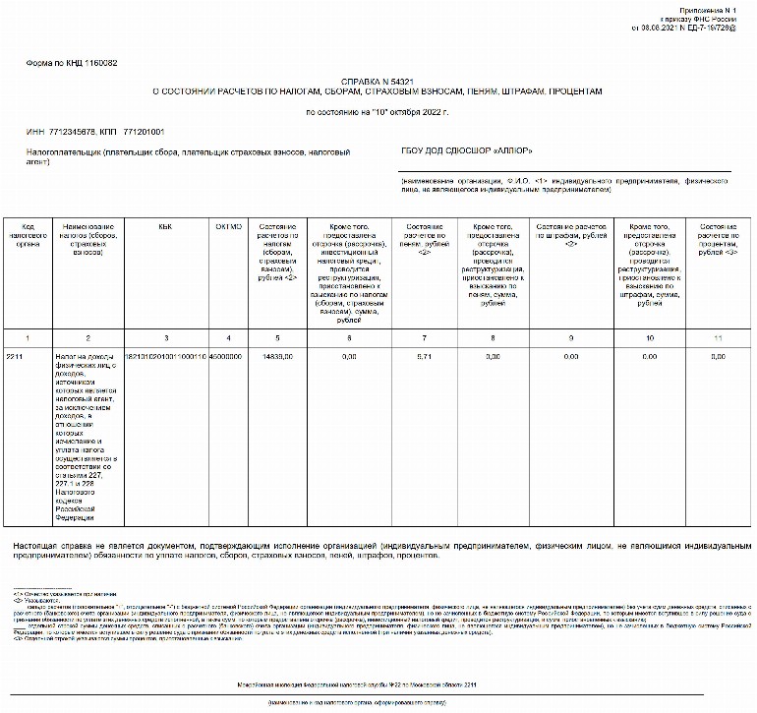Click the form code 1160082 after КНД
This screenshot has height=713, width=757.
(101, 64)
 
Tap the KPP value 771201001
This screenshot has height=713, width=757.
(145, 132)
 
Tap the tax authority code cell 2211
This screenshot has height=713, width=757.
(17, 356)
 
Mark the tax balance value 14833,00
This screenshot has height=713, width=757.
(276, 356)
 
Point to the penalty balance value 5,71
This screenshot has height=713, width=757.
(425, 356)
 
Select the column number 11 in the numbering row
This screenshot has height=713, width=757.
(719, 337)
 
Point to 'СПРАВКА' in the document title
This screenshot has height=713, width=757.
(359, 81)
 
